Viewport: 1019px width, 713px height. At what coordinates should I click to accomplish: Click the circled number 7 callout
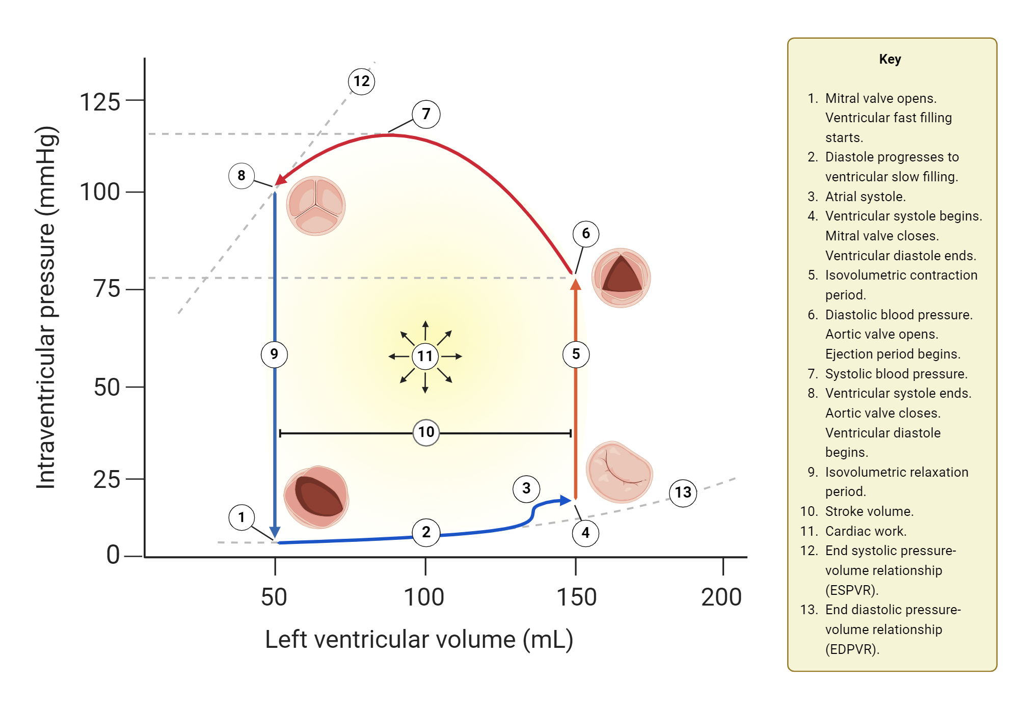426,114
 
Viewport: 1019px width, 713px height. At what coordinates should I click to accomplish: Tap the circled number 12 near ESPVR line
362,81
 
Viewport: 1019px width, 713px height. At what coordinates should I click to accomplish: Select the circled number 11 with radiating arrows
425,356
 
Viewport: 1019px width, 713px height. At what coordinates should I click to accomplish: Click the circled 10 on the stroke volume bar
426,432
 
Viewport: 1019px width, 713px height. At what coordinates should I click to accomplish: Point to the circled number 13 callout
683,492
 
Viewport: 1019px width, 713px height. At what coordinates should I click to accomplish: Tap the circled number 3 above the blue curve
526,489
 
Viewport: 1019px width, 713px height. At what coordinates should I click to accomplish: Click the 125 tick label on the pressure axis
100,102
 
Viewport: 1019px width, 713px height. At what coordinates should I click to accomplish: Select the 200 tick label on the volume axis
721,597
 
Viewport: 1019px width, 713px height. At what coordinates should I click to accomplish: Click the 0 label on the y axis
113,555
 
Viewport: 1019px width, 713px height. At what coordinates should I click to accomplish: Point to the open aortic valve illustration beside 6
621,278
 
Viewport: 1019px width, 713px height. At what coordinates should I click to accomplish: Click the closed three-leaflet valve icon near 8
316,206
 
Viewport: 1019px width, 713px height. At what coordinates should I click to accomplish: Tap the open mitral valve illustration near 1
316,497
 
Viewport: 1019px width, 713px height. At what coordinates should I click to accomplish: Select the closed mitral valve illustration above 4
619,472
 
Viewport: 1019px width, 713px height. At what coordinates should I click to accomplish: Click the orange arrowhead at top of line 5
576,284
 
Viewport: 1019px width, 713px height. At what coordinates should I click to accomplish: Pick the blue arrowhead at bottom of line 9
275,533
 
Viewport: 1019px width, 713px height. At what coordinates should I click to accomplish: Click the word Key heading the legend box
890,59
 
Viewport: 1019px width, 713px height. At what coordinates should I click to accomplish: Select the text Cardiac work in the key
866,531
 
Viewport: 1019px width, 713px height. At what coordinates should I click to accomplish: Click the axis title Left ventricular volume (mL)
419,639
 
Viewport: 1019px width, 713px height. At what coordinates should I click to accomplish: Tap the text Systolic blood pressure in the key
896,374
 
